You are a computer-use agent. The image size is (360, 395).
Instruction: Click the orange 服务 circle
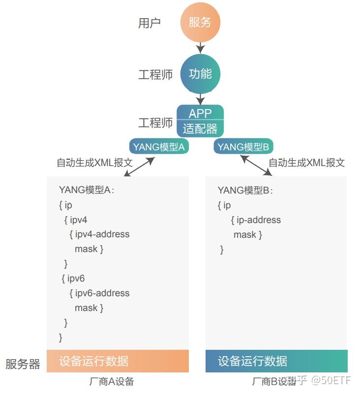coord(200,23)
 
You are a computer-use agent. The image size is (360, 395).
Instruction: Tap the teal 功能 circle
coord(200,74)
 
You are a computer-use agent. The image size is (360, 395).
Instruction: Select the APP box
coord(200,113)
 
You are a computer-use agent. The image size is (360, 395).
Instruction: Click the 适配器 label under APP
coord(200,129)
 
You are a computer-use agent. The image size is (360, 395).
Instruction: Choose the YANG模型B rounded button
coord(244,147)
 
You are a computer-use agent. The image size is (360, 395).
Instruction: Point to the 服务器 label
coord(23,364)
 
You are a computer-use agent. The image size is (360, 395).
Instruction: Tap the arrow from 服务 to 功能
coord(200,48)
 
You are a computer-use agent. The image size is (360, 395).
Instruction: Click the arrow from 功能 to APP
coord(200,99)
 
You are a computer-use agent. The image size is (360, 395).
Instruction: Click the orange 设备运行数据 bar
coord(118,361)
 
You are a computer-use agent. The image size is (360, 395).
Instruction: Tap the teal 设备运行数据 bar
coord(276,361)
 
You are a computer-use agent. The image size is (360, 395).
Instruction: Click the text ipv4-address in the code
coord(102,234)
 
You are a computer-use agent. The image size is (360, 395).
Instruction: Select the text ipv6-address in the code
coord(102,293)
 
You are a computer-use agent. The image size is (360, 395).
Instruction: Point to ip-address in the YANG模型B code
coord(258,220)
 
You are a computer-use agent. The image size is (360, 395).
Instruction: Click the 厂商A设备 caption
coord(112,382)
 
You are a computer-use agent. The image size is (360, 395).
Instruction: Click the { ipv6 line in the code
coord(73,279)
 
